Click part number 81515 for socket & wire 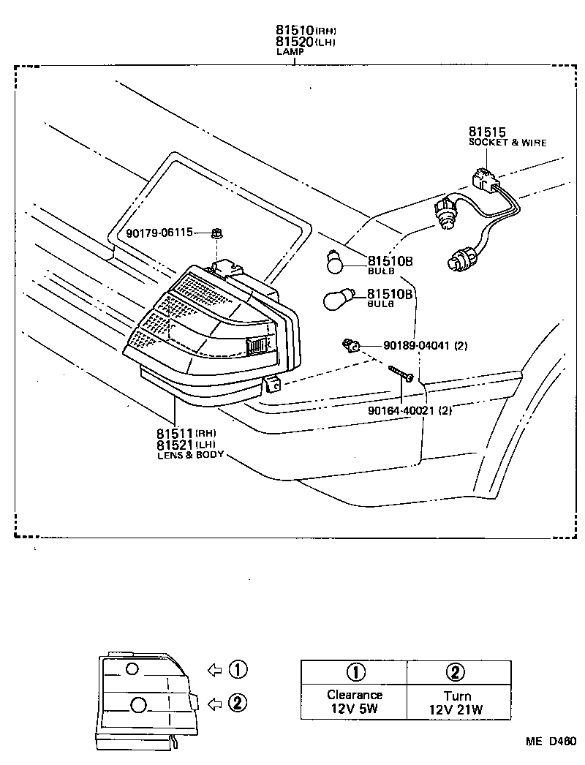[488, 132]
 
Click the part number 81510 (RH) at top [295, 30]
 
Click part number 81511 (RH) [175, 433]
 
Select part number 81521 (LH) [175, 445]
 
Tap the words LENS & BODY [189, 455]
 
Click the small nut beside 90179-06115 [217, 233]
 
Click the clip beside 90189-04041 [351, 345]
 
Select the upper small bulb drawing [334, 262]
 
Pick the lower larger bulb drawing [339, 299]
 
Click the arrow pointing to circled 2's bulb [214, 703]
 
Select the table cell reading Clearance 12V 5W [354, 701]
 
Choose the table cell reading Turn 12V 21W [458, 701]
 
